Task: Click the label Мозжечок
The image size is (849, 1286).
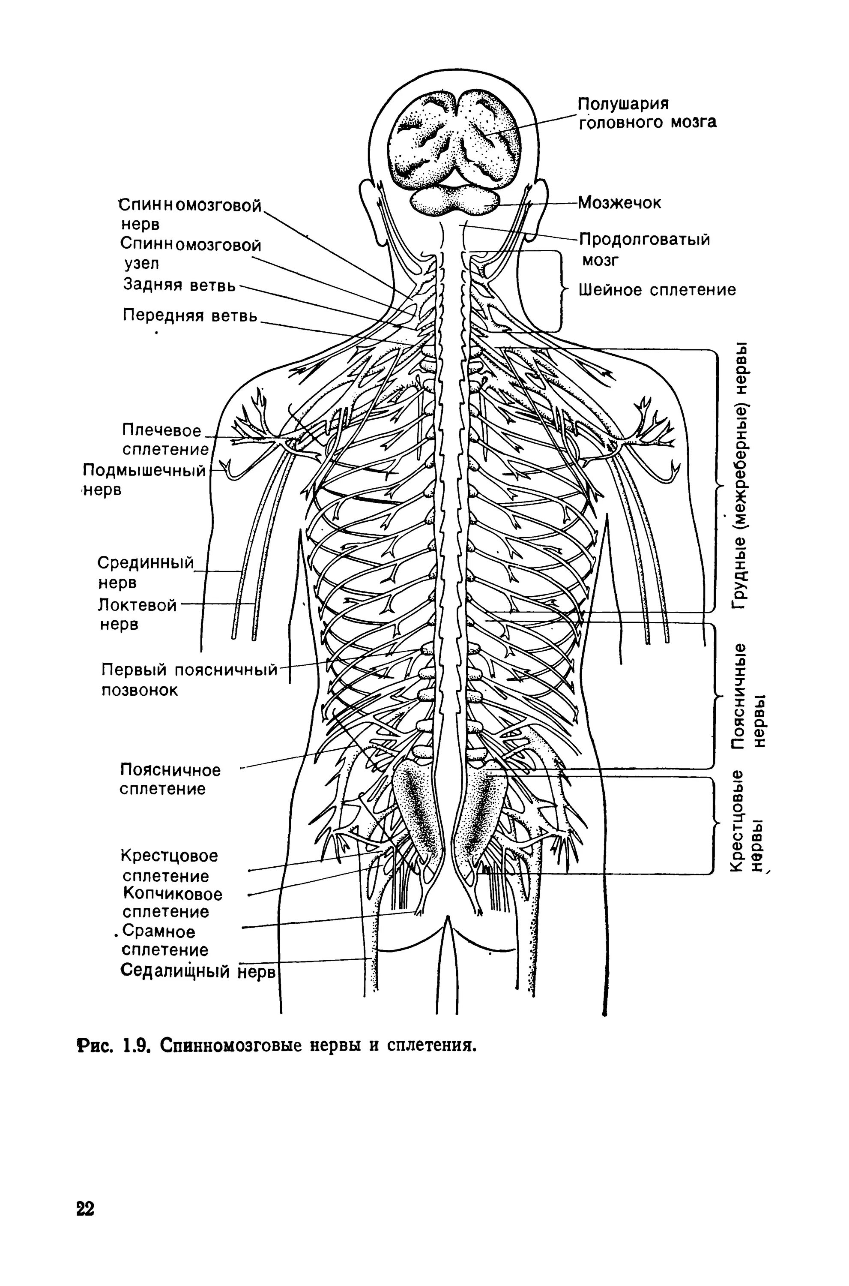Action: point(619,203)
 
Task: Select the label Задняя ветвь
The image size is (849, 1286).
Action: point(179,284)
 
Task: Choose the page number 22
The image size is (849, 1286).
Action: point(86,1223)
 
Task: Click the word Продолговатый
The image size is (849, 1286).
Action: point(644,240)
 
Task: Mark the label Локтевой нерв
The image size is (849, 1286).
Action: point(138,614)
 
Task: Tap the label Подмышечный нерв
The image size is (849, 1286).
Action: point(144,479)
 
